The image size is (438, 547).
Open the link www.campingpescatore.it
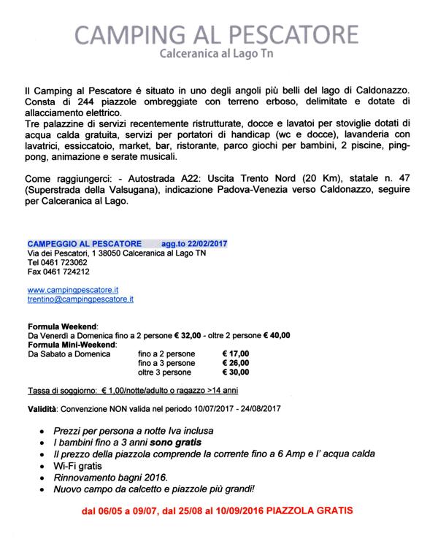(x=72, y=290)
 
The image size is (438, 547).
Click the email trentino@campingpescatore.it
(x=80, y=299)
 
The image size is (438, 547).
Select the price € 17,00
(x=235, y=353)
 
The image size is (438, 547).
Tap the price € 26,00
(x=235, y=363)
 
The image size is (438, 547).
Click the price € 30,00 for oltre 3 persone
(x=235, y=372)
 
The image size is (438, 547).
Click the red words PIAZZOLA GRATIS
(x=314, y=512)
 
